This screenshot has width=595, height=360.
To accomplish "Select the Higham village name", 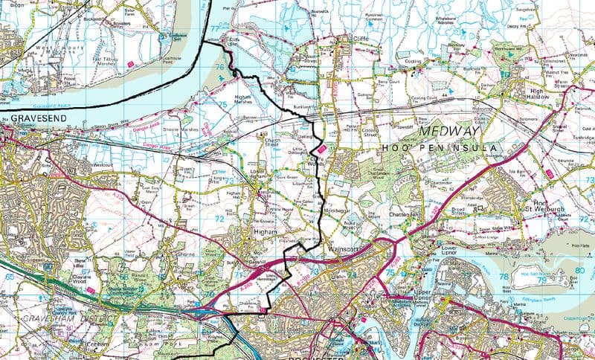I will click(265, 232).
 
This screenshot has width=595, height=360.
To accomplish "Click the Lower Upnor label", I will click(452, 251).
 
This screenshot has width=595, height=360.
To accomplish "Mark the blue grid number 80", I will click(579, 271).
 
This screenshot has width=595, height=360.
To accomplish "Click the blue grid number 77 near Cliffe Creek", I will click(216, 29).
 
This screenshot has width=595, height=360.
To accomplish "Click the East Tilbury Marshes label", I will click(104, 60).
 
